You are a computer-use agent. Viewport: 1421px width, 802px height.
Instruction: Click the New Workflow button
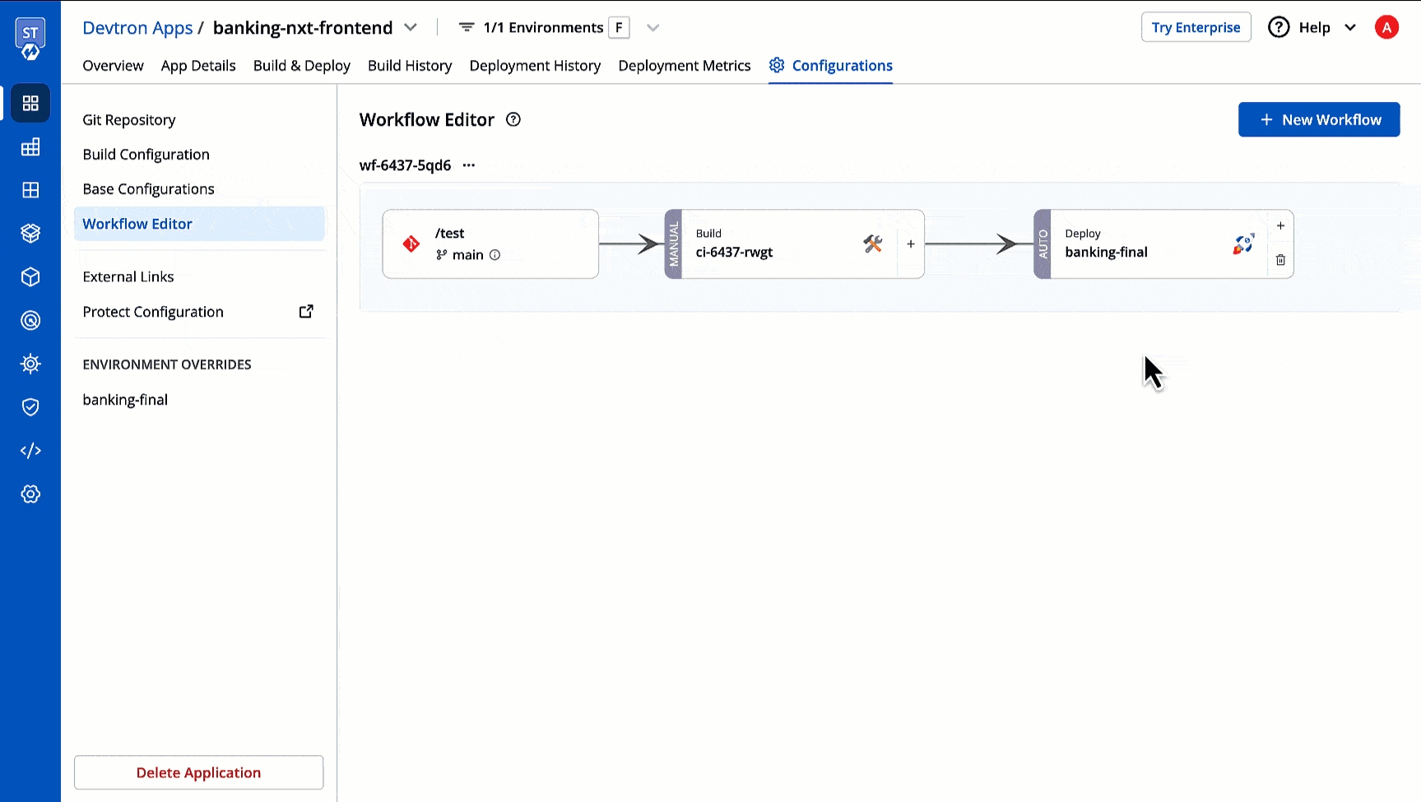pyautogui.click(x=1319, y=119)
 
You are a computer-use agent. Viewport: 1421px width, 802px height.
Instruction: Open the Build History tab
pyautogui.click(x=410, y=66)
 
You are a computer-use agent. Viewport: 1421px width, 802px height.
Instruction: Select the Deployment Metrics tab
pyautogui.click(x=685, y=66)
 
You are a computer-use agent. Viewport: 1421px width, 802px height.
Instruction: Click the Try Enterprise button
pyautogui.click(x=1196, y=27)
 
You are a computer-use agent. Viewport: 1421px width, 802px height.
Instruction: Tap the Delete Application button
pyautogui.click(x=198, y=772)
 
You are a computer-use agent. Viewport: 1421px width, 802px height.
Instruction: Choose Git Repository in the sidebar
pyautogui.click(x=129, y=120)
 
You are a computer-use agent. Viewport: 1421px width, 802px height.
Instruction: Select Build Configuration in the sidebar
pyautogui.click(x=146, y=155)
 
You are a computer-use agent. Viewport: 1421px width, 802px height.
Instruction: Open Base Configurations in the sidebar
pyautogui.click(x=149, y=189)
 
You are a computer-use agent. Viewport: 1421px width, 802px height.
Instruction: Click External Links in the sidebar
pyautogui.click(x=128, y=277)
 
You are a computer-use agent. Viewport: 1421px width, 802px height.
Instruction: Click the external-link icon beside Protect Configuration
pyautogui.click(x=306, y=311)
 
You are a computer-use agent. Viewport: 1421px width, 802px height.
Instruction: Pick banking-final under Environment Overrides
pyautogui.click(x=125, y=400)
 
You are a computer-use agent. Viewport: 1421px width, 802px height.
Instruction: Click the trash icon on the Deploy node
pyautogui.click(x=1280, y=260)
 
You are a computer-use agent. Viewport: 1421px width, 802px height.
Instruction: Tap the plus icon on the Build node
pyautogui.click(x=911, y=243)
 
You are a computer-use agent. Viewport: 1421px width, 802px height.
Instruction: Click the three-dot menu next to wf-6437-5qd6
pyautogui.click(x=469, y=165)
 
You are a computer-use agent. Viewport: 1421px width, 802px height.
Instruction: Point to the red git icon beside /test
pyautogui.click(x=411, y=243)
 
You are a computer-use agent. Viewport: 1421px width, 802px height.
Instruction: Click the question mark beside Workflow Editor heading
pyautogui.click(x=513, y=119)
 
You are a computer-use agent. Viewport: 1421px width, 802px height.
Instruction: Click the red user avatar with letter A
pyautogui.click(x=1386, y=27)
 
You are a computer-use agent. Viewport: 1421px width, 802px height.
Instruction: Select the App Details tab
pyautogui.click(x=198, y=66)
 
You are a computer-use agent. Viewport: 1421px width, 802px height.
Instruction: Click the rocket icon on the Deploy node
pyautogui.click(x=1243, y=243)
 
